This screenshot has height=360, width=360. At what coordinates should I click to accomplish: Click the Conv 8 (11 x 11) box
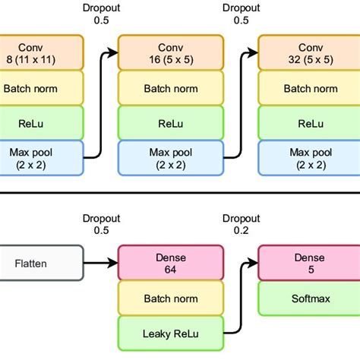click(x=33, y=52)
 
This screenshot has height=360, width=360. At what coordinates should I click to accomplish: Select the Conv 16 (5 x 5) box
click(x=171, y=52)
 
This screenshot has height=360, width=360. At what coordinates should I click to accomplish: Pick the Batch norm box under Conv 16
click(x=171, y=88)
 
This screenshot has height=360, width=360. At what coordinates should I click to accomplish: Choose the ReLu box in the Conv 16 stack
click(x=171, y=123)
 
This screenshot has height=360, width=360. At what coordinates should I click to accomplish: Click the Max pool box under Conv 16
click(x=171, y=158)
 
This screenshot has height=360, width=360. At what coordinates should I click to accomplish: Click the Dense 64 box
click(x=171, y=263)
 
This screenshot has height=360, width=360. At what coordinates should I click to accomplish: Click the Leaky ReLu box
click(x=171, y=333)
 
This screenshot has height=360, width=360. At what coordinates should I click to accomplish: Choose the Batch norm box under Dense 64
click(x=171, y=298)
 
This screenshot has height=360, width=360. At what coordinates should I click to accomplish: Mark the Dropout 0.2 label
click(x=239, y=225)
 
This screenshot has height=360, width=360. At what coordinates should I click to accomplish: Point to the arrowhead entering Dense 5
click(x=254, y=263)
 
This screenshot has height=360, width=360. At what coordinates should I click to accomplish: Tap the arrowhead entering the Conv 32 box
click(x=254, y=52)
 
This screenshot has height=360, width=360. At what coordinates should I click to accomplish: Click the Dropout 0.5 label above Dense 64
click(x=100, y=225)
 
